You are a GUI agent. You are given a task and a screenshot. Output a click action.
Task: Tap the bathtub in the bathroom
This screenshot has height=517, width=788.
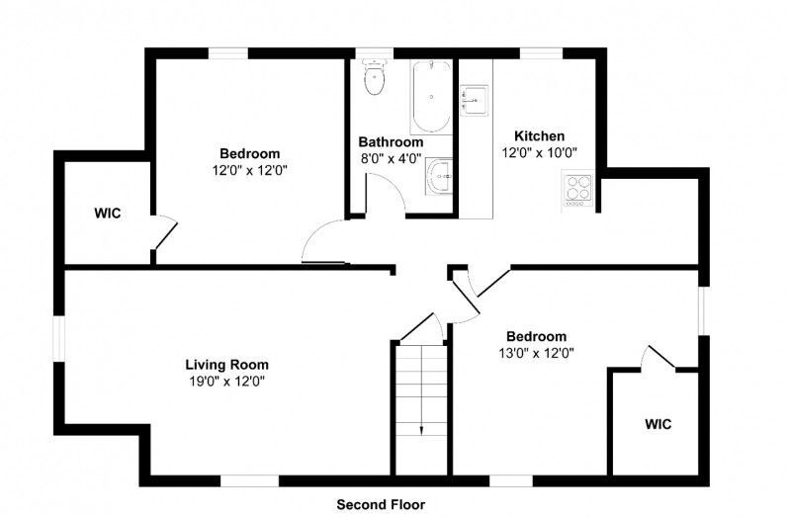tap(431, 97)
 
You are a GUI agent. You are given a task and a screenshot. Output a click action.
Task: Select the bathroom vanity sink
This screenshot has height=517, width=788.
tap(439, 176)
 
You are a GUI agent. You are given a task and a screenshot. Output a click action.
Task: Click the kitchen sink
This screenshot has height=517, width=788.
tap(474, 100)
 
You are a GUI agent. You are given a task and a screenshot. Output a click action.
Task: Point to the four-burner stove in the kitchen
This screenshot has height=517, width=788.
tap(577, 189)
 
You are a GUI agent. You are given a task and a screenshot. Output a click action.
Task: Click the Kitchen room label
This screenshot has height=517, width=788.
tap(539, 135)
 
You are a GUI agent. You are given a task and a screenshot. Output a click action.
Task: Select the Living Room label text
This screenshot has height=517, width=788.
tap(227, 365)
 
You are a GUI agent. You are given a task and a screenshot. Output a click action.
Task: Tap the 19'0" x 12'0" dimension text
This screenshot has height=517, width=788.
tap(227, 382)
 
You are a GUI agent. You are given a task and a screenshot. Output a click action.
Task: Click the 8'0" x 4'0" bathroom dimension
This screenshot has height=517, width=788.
tap(391, 159)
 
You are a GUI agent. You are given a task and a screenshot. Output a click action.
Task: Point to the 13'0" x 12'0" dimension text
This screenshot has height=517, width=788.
tap(536, 353)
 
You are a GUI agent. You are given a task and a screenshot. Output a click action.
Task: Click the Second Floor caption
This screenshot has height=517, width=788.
tap(381, 504)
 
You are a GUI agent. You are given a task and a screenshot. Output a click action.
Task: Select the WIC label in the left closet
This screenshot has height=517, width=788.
tap(108, 214)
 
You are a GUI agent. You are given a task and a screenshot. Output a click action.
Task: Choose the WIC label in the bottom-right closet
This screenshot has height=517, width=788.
tap(657, 424)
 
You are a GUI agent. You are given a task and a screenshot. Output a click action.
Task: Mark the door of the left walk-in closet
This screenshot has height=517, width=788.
tap(164, 232)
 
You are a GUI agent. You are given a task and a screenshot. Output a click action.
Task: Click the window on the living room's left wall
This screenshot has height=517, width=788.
tap(59, 338)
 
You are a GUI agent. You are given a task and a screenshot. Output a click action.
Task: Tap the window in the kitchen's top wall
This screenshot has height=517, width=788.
tap(541, 53)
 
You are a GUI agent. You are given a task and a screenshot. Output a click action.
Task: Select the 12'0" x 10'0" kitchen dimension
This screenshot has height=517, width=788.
tap(539, 153)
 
